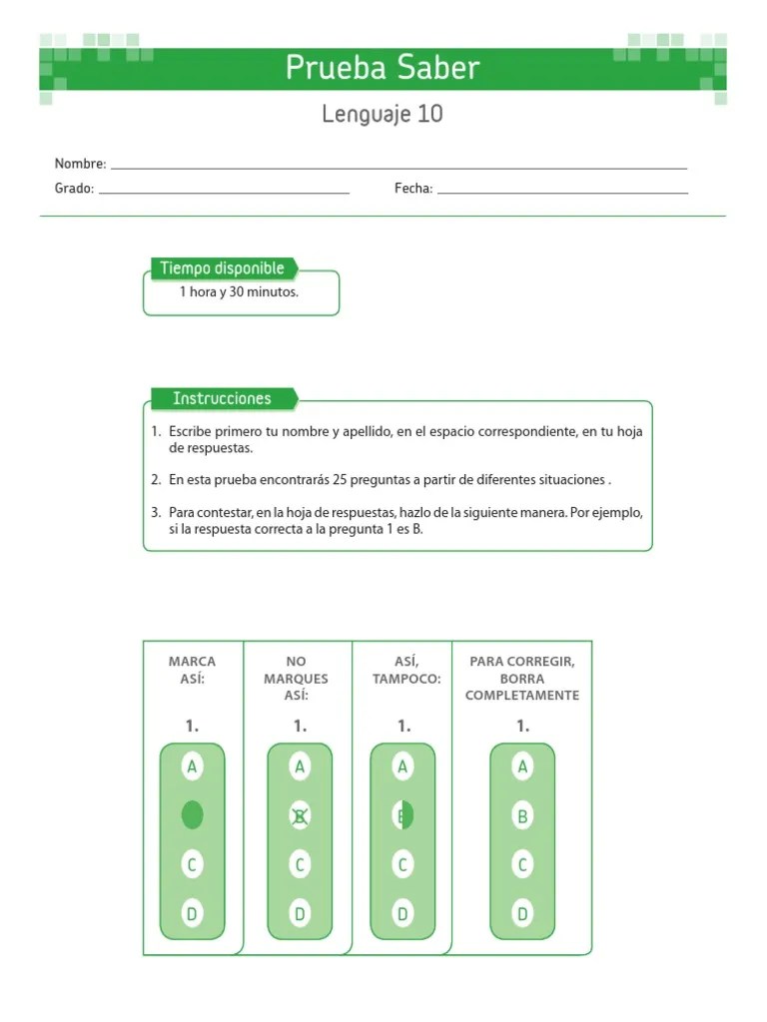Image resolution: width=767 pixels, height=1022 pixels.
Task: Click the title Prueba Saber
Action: point(383,68)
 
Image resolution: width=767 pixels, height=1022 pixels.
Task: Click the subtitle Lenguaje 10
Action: point(383,115)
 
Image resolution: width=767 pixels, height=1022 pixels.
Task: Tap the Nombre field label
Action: point(80,164)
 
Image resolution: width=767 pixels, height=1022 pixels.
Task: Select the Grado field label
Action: point(74,189)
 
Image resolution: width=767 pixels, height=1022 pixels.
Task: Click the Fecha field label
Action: point(412,189)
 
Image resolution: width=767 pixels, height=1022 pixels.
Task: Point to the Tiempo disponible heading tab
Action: point(223,268)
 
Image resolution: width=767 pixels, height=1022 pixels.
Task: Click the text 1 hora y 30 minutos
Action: point(239,292)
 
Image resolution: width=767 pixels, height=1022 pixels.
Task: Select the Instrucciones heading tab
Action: point(222,399)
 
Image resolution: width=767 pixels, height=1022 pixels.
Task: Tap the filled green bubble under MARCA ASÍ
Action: point(192,815)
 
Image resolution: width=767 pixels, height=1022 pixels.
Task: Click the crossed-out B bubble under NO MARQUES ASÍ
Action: point(299,815)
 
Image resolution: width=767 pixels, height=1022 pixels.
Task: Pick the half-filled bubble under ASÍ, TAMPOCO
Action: point(402,815)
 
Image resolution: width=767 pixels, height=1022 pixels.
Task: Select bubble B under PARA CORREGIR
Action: point(521,815)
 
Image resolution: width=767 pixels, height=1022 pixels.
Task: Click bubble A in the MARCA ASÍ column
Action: point(192,766)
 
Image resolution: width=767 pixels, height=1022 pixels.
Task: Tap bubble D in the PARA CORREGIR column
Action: point(521,912)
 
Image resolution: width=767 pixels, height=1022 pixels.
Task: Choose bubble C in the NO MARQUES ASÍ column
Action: point(299,864)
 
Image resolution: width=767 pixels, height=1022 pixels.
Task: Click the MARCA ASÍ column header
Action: point(192,670)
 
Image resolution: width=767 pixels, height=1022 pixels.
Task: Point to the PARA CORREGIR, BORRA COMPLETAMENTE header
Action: point(521,678)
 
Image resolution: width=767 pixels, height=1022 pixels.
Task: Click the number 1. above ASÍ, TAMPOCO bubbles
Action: point(403,727)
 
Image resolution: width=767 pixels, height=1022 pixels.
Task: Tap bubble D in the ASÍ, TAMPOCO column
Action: point(402,912)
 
